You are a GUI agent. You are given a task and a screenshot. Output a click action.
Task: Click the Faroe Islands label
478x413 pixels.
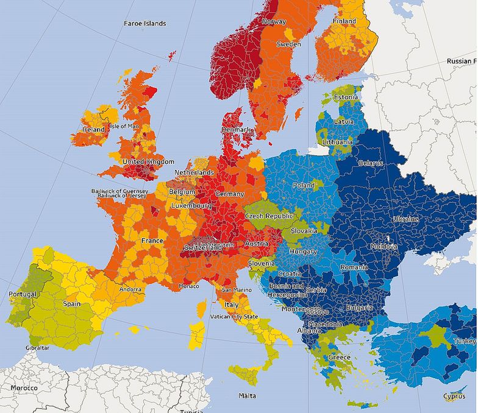[144, 24]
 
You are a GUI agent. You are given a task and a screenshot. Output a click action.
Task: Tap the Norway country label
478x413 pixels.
[274, 22]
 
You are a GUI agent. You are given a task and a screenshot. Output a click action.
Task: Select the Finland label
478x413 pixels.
[344, 21]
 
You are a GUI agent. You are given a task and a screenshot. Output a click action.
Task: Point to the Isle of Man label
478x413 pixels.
[124, 126]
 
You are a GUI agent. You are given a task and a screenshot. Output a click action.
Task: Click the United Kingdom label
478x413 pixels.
[148, 162]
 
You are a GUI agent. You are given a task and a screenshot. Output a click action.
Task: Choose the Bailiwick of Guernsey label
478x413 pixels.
[120, 191]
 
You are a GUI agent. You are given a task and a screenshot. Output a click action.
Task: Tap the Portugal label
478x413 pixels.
[23, 294]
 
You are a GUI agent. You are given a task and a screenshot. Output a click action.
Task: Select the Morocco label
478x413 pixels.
[24, 388]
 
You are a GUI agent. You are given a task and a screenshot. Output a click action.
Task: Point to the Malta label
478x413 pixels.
[248, 396]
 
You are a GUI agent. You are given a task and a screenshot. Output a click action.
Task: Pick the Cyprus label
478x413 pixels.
[454, 397]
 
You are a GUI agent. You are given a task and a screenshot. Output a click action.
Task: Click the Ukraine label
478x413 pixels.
[405, 219]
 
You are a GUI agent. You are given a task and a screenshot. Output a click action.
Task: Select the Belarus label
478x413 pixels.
[371, 163]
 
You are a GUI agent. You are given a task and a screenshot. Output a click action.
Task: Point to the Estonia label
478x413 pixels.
[346, 97]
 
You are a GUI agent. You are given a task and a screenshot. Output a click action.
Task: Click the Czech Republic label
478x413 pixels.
[269, 216]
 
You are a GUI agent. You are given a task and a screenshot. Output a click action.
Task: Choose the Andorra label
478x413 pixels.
[131, 289]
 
